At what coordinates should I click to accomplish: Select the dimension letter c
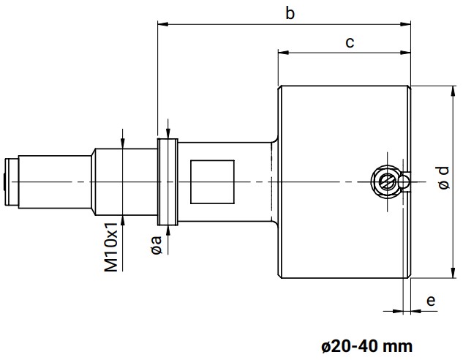350,42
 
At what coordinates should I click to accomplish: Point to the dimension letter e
431,300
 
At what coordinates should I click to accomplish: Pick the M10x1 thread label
111,250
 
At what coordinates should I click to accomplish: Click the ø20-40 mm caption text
366,345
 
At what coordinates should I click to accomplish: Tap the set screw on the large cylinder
385,179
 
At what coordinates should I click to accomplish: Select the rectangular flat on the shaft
212,181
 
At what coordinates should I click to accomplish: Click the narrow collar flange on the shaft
168,181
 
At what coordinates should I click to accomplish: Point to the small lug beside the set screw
405,180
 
